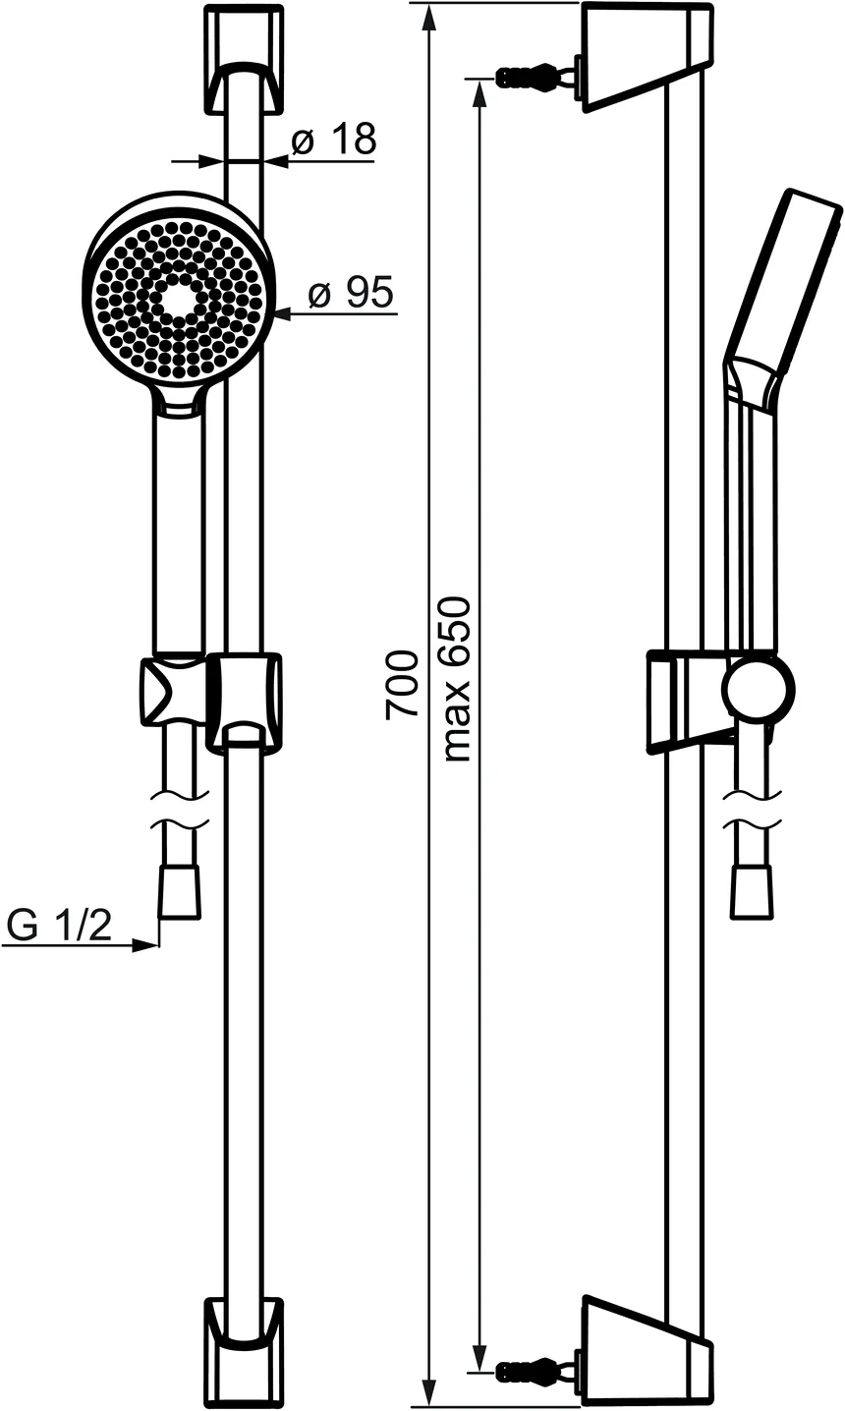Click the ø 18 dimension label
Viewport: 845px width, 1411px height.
click(x=334, y=141)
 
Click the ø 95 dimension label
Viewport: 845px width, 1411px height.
click(x=351, y=293)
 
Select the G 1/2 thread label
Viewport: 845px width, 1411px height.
click(x=59, y=926)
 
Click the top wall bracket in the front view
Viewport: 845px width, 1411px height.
click(x=245, y=59)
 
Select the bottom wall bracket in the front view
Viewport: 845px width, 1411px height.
click(x=245, y=1352)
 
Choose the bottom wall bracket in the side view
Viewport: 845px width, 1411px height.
click(x=646, y=1354)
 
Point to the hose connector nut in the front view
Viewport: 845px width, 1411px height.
click(x=180, y=891)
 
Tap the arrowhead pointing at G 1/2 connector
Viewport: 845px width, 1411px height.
click(x=146, y=945)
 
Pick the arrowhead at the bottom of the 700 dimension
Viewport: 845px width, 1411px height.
click(x=429, y=1393)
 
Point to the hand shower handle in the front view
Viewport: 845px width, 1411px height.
click(x=178, y=531)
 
